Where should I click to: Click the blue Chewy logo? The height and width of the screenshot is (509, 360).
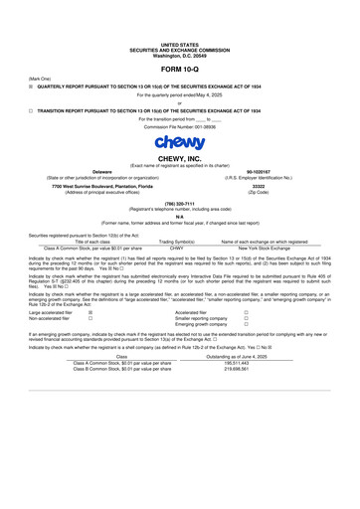point(179,142)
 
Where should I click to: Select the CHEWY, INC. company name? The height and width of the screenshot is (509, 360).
point(180,157)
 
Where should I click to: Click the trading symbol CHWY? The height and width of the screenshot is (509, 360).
point(177,248)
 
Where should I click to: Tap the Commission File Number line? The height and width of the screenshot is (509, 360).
point(179,126)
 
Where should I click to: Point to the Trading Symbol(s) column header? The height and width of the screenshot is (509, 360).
point(177,242)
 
